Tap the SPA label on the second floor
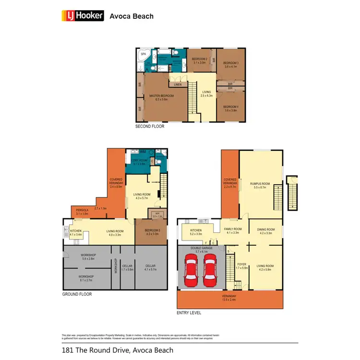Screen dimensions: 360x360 point(143,55)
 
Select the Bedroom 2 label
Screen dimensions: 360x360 point(199,60)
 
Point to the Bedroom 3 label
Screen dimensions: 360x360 point(230,64)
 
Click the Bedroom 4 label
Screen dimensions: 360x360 point(230,108)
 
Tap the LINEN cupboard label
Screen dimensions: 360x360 point(178,85)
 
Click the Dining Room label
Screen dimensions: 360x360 point(265,231)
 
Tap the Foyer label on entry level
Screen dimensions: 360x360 point(241,266)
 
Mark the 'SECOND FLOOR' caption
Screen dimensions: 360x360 point(150,127)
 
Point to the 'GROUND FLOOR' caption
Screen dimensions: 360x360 point(77,294)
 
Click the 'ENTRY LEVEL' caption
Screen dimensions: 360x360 point(189,312)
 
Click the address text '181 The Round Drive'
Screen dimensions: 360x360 point(96,350)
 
